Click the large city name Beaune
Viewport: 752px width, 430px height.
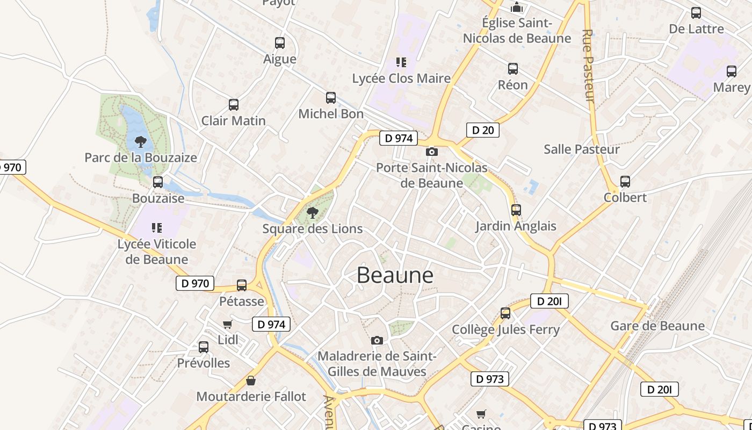click(395, 275)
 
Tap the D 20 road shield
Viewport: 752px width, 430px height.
click(482, 130)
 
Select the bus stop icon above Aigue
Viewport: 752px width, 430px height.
click(280, 43)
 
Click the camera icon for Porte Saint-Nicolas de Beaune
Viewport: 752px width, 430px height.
click(431, 152)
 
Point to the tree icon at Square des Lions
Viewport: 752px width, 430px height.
click(312, 213)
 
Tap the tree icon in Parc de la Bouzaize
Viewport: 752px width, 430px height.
click(141, 142)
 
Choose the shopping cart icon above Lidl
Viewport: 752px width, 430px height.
click(228, 324)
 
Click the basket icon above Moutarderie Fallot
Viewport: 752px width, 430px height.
click(250, 381)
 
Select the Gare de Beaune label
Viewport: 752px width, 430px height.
click(657, 326)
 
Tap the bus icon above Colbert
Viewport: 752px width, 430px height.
click(625, 182)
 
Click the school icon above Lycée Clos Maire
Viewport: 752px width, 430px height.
click(401, 62)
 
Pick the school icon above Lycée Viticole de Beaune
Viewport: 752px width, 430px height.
click(156, 228)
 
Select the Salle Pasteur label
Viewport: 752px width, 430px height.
click(581, 149)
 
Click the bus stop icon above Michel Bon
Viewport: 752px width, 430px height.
click(331, 98)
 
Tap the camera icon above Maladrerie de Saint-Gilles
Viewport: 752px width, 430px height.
click(377, 340)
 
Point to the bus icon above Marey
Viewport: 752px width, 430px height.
click(731, 71)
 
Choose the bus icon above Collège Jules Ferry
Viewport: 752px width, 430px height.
click(505, 313)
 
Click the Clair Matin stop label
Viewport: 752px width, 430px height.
click(233, 120)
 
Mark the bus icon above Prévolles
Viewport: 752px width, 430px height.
click(204, 347)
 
